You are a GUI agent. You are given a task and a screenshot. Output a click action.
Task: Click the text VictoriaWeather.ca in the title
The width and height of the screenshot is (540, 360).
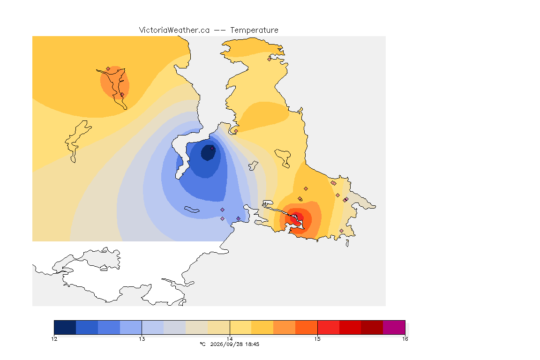[x=174, y=30]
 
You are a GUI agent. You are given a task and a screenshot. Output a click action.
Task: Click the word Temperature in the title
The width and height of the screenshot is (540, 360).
[x=254, y=30]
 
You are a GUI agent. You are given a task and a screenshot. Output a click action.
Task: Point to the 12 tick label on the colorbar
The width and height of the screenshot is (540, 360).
[x=54, y=339]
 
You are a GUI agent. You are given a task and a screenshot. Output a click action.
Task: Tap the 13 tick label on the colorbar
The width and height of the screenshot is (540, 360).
[x=142, y=339]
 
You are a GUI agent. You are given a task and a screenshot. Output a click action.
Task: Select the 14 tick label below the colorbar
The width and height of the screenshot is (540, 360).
[x=230, y=339]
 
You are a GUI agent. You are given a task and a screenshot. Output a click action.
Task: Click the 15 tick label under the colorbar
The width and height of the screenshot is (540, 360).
[x=317, y=339]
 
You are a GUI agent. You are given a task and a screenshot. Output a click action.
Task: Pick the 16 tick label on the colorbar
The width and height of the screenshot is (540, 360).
[x=405, y=339]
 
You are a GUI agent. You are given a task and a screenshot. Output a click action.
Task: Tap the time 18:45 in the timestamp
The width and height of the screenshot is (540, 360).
[x=253, y=344]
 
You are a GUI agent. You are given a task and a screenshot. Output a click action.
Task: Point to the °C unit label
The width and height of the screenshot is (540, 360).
[x=203, y=344]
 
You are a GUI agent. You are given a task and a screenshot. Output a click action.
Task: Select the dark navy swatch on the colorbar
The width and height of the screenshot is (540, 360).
[x=65, y=327]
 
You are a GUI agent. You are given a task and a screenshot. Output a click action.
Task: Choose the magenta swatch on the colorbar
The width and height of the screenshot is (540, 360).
[x=394, y=327]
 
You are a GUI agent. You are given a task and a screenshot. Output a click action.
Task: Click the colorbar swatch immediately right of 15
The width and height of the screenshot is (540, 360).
[x=328, y=327]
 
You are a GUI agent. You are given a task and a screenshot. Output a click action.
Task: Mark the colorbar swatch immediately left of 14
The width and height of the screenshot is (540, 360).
[x=219, y=327]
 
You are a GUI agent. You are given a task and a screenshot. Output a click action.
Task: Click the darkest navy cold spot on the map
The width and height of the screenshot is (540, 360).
[x=208, y=153]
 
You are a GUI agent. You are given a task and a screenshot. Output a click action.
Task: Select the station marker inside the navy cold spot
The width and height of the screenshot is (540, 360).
[x=212, y=148]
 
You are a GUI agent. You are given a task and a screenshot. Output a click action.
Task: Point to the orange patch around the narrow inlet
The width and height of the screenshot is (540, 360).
[x=115, y=82]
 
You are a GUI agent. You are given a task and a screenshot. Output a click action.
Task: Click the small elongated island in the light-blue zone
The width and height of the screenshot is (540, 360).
[x=192, y=210]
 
